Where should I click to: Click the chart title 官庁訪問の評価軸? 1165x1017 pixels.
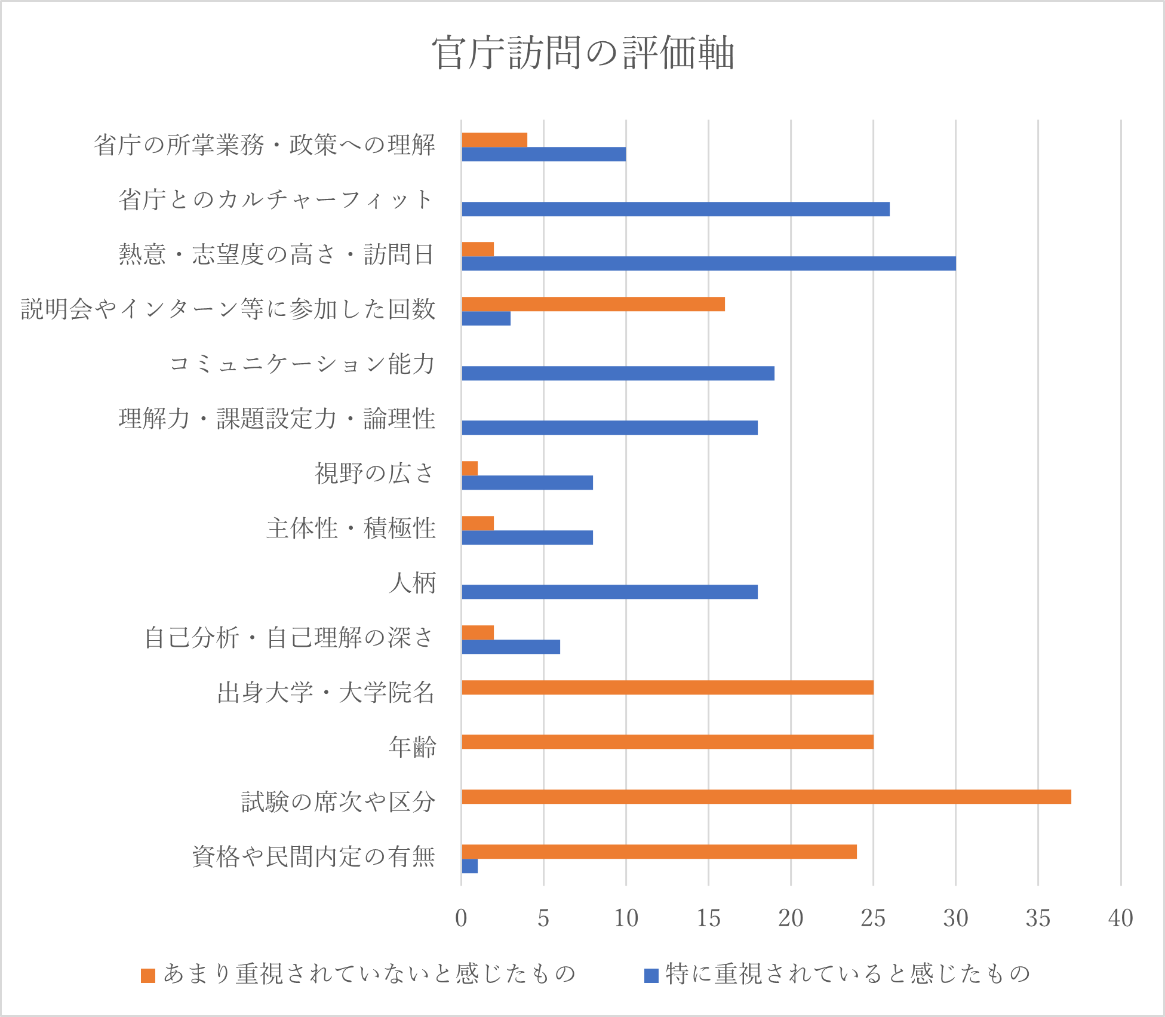pyautogui.click(x=582, y=53)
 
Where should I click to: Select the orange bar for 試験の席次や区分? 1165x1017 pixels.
pyautogui.click(x=766, y=797)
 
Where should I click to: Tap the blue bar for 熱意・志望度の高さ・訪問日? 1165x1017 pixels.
pyautogui.click(x=708, y=263)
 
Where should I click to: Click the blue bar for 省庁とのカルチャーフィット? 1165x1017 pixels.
pyautogui.click(x=675, y=209)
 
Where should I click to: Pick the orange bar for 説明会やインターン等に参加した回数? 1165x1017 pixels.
pyautogui.click(x=593, y=304)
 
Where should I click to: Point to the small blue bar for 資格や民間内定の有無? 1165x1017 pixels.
pyautogui.click(x=470, y=866)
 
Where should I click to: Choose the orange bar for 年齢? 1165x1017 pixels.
pyautogui.click(x=667, y=742)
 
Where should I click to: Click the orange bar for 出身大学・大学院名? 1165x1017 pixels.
pyautogui.click(x=667, y=687)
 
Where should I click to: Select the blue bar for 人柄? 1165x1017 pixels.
pyautogui.click(x=609, y=592)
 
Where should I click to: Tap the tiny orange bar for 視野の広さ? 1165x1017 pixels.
pyautogui.click(x=470, y=468)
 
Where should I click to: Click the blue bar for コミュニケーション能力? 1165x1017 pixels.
pyautogui.click(x=617, y=373)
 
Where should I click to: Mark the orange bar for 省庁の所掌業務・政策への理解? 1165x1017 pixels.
pyautogui.click(x=494, y=140)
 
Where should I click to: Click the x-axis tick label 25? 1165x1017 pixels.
pyautogui.click(x=873, y=918)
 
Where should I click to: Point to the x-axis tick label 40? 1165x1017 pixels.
pyautogui.click(x=1120, y=918)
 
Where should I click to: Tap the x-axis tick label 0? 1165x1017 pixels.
pyautogui.click(x=461, y=918)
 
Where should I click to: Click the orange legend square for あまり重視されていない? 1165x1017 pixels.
pyautogui.click(x=148, y=975)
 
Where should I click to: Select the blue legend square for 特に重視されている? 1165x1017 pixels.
pyautogui.click(x=651, y=975)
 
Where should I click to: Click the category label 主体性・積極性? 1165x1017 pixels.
pyautogui.click(x=351, y=529)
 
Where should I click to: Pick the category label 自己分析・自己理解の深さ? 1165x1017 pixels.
pyautogui.click(x=290, y=638)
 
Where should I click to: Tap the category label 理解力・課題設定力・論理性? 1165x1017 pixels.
pyautogui.click(x=277, y=419)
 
